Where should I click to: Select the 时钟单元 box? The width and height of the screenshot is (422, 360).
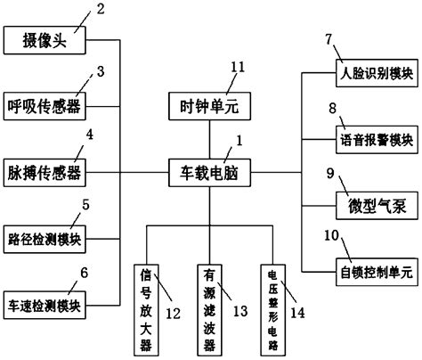pyautogui.click(x=208, y=107)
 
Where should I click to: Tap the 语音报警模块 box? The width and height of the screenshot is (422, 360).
pyautogui.click(x=371, y=140)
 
